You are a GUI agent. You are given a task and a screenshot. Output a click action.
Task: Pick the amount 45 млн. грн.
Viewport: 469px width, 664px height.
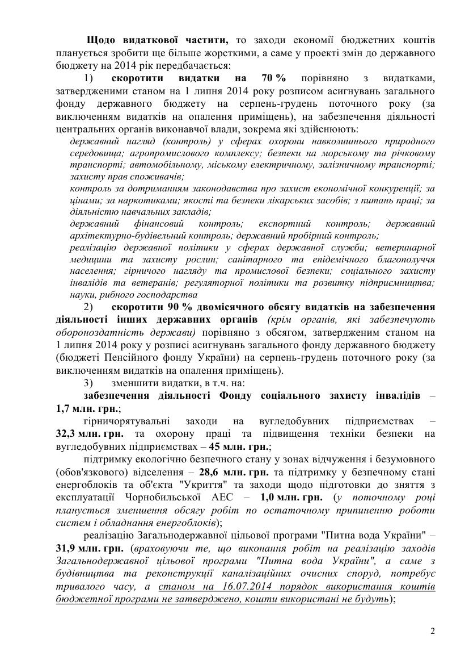pyautogui.click(x=240, y=446)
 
